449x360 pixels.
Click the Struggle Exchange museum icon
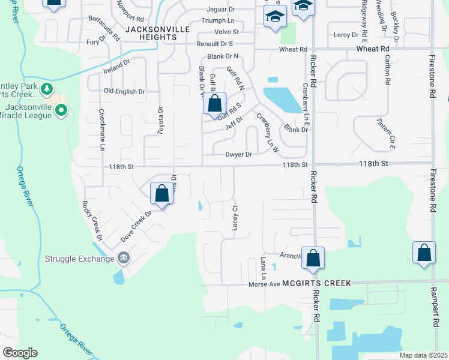click(124, 259)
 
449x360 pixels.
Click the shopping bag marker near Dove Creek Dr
click(161, 194)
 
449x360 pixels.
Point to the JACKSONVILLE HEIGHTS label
click(151, 33)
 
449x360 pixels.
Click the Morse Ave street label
click(265, 284)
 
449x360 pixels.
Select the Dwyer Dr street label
click(238, 154)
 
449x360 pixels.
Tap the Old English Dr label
click(124, 91)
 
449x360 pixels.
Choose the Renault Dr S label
click(215, 44)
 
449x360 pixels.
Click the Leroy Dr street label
click(346, 35)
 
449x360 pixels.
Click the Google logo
click(20, 352)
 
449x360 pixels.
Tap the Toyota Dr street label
click(160, 120)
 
